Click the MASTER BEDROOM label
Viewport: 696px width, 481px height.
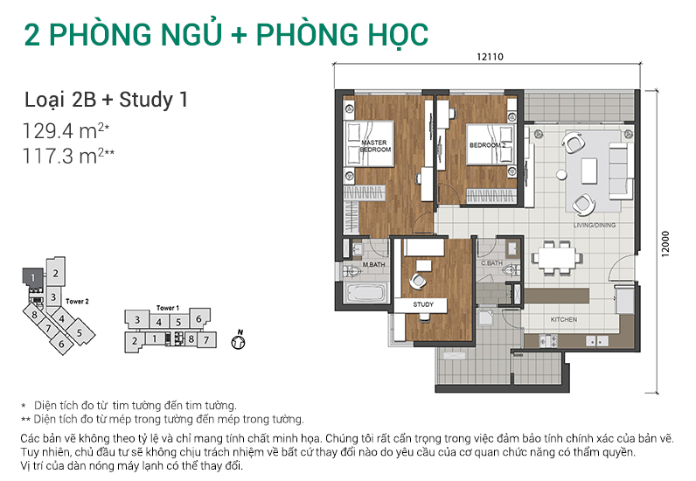tap(374, 146)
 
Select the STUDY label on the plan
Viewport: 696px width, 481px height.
tap(423, 304)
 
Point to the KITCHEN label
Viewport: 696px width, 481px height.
tap(563, 320)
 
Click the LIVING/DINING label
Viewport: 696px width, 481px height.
tap(595, 225)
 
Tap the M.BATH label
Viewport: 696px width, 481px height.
tap(374, 264)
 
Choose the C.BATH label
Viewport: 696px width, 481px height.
tap(491, 262)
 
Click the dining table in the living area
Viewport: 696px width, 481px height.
tap(556, 258)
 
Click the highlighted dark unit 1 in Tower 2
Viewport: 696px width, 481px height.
tap(31, 278)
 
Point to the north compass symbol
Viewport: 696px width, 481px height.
tap(236, 343)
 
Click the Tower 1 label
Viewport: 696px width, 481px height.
tap(167, 308)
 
